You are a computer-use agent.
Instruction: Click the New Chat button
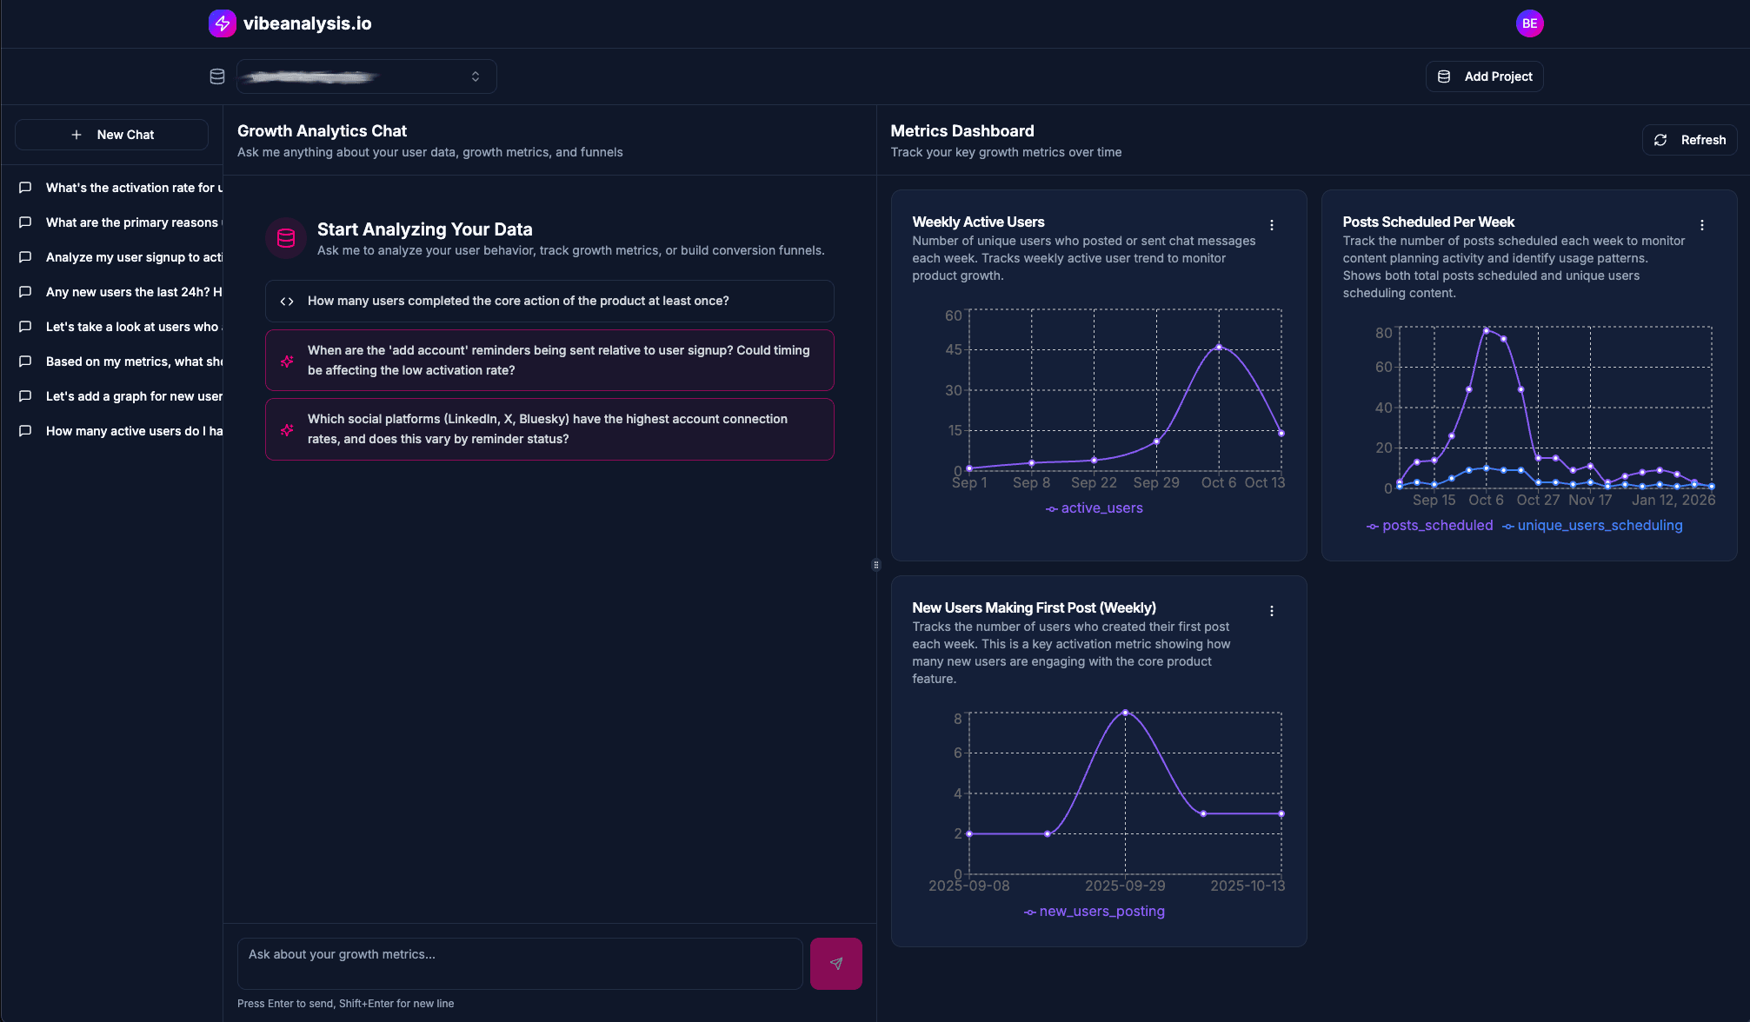(112, 135)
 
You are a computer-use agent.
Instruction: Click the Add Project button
(1485, 76)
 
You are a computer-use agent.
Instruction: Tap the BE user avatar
(1529, 23)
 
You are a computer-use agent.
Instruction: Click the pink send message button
(835, 963)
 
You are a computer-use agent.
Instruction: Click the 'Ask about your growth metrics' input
(519, 962)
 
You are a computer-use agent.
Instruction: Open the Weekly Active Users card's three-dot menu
(1271, 225)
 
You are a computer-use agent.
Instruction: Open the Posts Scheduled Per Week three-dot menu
(1701, 225)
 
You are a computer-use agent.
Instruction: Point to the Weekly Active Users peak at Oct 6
(1219, 347)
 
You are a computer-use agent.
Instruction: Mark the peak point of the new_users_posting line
(1125, 713)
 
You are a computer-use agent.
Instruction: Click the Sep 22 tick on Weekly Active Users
(1094, 483)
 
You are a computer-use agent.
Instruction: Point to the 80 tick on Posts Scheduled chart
(1383, 333)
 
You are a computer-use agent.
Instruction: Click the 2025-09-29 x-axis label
(1125, 886)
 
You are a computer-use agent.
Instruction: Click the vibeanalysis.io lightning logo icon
(222, 23)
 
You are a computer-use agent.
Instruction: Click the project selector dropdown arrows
(476, 76)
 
